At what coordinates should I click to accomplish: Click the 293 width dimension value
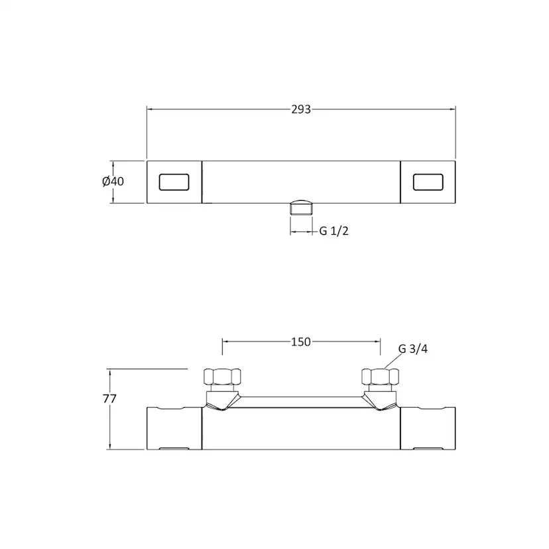301,109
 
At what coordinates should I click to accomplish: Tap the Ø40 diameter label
113,182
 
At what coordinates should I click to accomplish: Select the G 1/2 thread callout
334,231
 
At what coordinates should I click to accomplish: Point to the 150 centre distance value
301,341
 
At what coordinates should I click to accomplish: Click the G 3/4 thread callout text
413,349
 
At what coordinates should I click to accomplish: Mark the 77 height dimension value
109,398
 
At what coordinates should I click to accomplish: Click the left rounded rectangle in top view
174,182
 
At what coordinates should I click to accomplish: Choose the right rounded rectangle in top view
428,182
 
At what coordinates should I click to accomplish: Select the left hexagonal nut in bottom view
222,377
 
